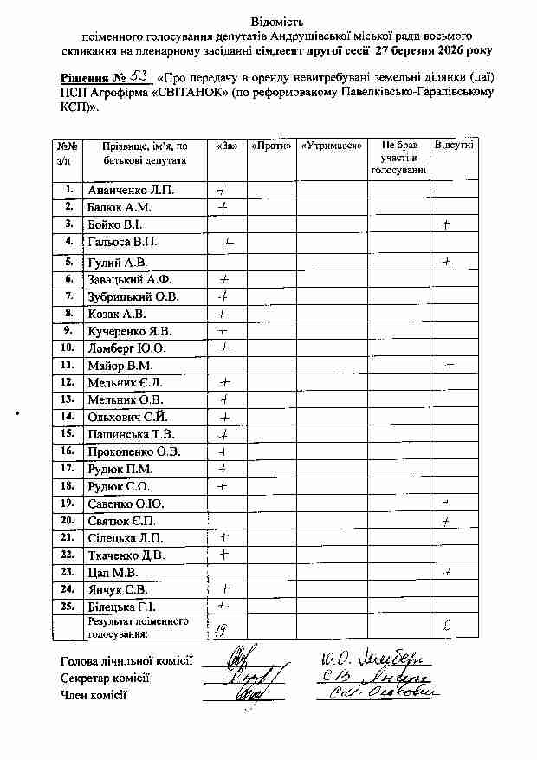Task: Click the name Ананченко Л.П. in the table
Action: click(131, 190)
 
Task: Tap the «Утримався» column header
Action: click(331, 146)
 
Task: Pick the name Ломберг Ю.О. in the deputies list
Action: click(126, 348)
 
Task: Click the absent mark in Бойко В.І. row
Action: click(446, 225)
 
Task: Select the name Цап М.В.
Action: click(113, 573)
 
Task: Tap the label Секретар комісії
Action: click(106, 678)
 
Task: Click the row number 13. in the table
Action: click(67, 399)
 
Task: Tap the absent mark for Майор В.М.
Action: click(450, 365)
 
